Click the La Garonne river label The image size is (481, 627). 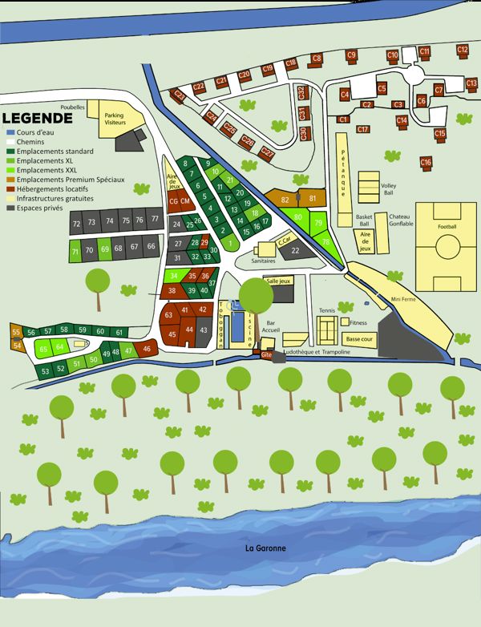pyautogui.click(x=267, y=548)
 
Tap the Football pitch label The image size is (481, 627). pyautogui.click(x=447, y=227)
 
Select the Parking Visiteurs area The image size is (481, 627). pyautogui.click(x=114, y=119)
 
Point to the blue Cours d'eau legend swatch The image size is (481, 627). pyautogui.click(x=10, y=131)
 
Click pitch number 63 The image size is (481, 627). pyautogui.click(x=168, y=315)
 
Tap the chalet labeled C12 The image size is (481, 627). pyautogui.click(x=462, y=50)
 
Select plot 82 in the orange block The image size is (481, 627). pyautogui.click(x=285, y=199)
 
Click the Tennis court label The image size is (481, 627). pyautogui.click(x=326, y=310)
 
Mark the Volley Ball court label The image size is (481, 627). pyautogui.click(x=388, y=188)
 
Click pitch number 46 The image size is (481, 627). pyautogui.click(x=146, y=349)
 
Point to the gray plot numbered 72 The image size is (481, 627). pyautogui.click(x=76, y=223)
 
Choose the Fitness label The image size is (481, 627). pyautogui.click(x=358, y=322)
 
